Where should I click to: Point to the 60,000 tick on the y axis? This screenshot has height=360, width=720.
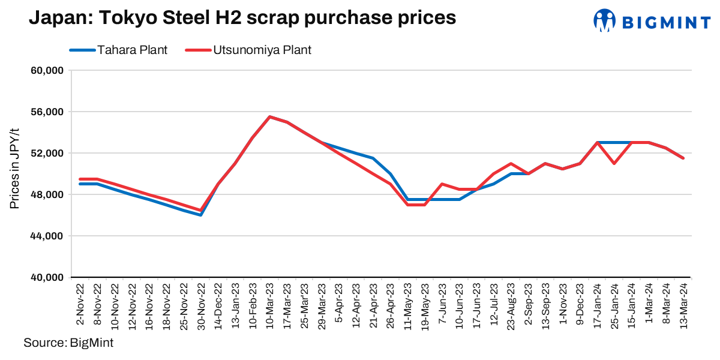(47, 71)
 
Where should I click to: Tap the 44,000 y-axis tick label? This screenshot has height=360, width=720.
(47, 236)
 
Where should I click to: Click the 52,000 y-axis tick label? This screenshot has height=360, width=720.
(47, 154)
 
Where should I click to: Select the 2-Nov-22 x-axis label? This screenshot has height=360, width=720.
(80, 303)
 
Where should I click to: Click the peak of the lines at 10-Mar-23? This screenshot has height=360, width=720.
(270, 117)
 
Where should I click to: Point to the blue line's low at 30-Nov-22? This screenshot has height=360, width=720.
(201, 215)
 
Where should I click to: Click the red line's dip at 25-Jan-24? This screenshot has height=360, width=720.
(614, 163)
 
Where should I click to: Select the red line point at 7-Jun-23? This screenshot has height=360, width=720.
(442, 184)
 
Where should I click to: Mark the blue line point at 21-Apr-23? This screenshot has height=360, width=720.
(373, 158)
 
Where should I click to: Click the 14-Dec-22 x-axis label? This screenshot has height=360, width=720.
(218, 303)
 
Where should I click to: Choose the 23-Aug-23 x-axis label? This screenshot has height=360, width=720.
(511, 303)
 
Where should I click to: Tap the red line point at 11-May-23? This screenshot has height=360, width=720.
(408, 205)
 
